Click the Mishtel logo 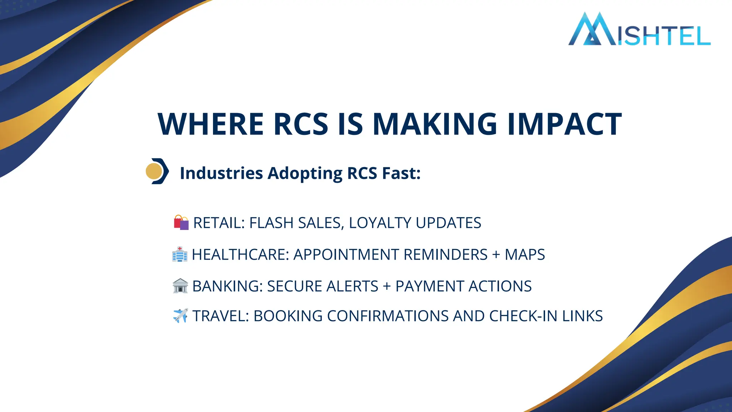click(x=639, y=30)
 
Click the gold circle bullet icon click(x=154, y=171)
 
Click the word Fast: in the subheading click(x=401, y=173)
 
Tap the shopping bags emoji click(x=181, y=222)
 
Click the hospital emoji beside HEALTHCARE click(x=179, y=254)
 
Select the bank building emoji click(x=180, y=286)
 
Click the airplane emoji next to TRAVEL click(x=180, y=316)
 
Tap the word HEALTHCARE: click(x=241, y=255)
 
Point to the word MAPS click(x=525, y=255)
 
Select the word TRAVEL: click(x=221, y=316)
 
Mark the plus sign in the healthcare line click(x=496, y=255)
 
